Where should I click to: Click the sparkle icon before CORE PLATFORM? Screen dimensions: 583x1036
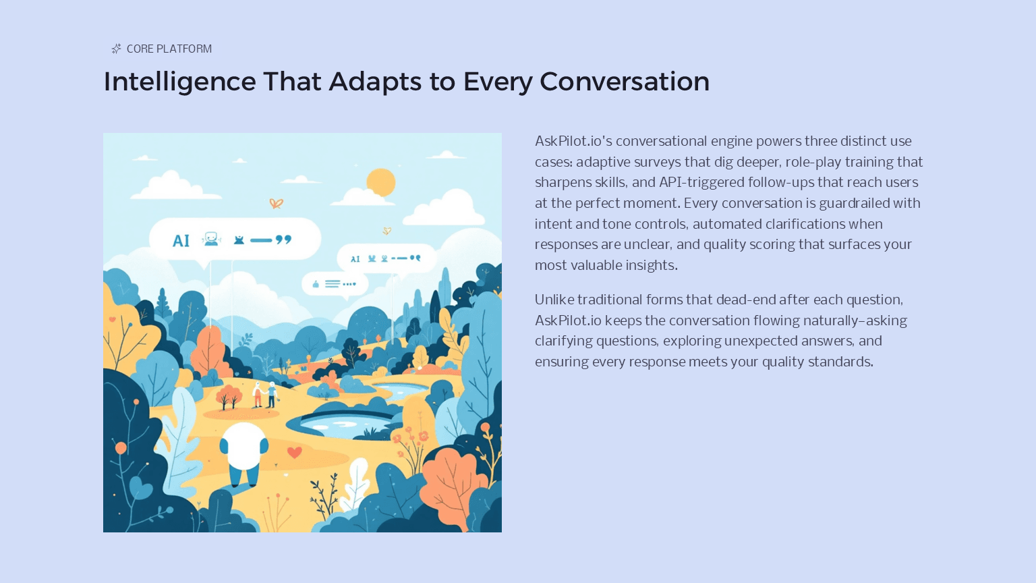tap(117, 49)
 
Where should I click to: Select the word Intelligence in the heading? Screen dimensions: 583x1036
tap(179, 82)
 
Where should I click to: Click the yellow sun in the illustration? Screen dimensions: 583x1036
tap(381, 182)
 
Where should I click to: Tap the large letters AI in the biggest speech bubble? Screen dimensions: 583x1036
tap(181, 241)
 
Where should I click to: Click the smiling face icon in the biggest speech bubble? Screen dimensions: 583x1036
tap(212, 239)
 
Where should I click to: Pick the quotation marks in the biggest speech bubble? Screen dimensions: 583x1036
tap(284, 240)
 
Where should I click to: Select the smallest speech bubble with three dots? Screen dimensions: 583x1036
tap(335, 284)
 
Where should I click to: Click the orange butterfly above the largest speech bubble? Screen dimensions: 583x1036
tap(277, 203)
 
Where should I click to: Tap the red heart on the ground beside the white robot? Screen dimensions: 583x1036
tap(294, 452)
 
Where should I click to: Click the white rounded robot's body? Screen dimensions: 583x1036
tap(243, 447)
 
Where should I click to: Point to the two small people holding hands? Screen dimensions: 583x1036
tap(264, 395)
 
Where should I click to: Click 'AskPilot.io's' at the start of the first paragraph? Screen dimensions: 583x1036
tap(573, 141)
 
